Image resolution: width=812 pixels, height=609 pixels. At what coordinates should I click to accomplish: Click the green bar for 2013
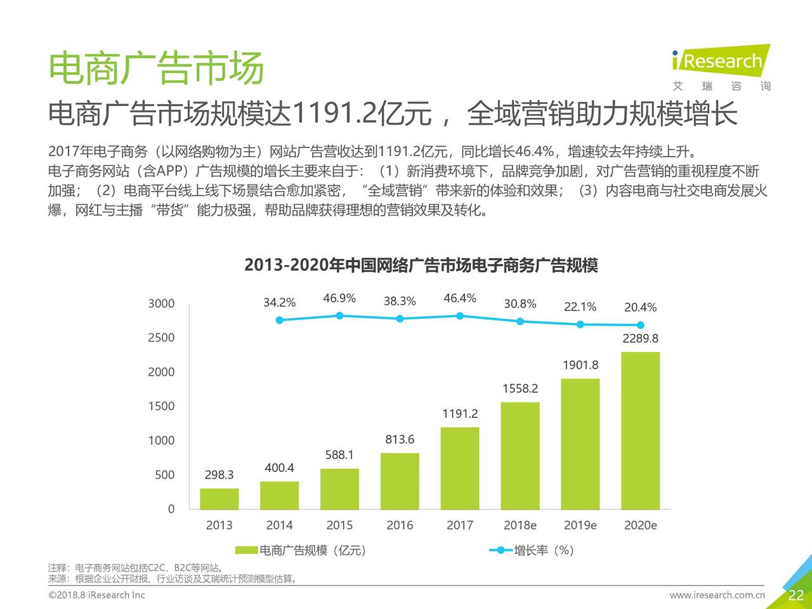click(x=219, y=499)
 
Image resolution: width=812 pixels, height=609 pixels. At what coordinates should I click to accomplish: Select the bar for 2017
click(x=460, y=468)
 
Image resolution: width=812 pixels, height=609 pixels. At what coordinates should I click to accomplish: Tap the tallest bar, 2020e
click(x=640, y=431)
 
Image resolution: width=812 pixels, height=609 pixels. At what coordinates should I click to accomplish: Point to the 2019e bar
click(x=580, y=444)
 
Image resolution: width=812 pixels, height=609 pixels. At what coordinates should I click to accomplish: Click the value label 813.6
click(x=400, y=440)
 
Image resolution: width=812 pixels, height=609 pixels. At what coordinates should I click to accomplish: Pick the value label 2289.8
click(x=640, y=339)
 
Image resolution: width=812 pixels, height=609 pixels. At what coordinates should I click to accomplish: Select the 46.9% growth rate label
click(x=339, y=299)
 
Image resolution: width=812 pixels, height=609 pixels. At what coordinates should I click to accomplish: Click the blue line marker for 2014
click(x=279, y=320)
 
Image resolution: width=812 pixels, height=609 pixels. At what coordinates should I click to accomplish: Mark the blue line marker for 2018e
click(x=520, y=322)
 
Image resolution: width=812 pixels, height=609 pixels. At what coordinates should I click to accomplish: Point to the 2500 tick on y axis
click(x=161, y=338)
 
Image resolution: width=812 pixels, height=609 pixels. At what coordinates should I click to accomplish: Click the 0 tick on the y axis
click(x=171, y=509)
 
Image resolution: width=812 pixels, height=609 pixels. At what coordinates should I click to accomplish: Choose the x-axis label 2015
click(x=339, y=525)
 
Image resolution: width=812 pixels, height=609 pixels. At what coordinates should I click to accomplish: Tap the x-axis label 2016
click(x=400, y=525)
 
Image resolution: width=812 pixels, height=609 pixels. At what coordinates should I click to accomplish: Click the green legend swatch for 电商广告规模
click(x=246, y=551)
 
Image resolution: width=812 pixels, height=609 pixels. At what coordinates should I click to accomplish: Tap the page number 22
click(x=796, y=595)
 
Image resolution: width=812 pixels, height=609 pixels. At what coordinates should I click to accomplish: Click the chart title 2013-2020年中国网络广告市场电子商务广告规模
click(x=421, y=265)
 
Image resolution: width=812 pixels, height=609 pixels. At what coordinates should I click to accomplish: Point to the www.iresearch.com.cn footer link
click(x=717, y=595)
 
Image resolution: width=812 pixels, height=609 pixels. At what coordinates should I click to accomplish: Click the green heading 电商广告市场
click(x=156, y=69)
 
